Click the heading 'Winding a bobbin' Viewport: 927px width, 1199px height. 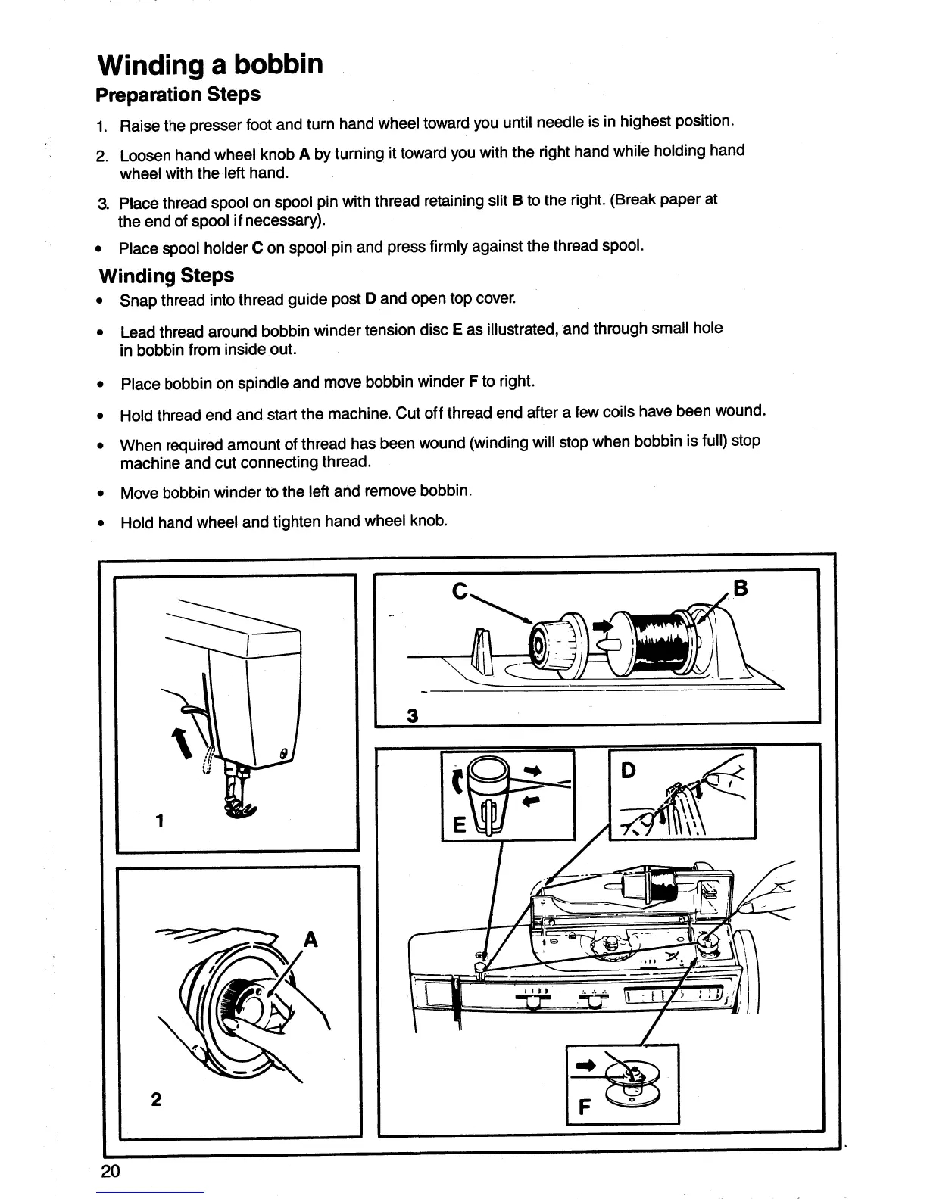coord(211,64)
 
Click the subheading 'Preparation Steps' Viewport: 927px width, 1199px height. coord(178,95)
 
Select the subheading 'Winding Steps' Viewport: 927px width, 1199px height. coord(166,276)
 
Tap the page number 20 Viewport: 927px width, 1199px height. coord(111,1172)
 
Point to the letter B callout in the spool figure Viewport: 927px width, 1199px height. coord(741,588)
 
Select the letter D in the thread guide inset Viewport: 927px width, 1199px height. coord(628,771)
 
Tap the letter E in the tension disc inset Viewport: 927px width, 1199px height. coord(457,825)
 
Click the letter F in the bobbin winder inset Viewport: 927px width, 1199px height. coord(584,1107)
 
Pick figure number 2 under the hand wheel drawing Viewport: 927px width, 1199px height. coord(155,1099)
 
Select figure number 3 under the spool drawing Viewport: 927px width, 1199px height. coord(412,715)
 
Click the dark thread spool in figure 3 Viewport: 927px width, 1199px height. coord(659,632)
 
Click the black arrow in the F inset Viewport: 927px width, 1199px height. coord(587,1066)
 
